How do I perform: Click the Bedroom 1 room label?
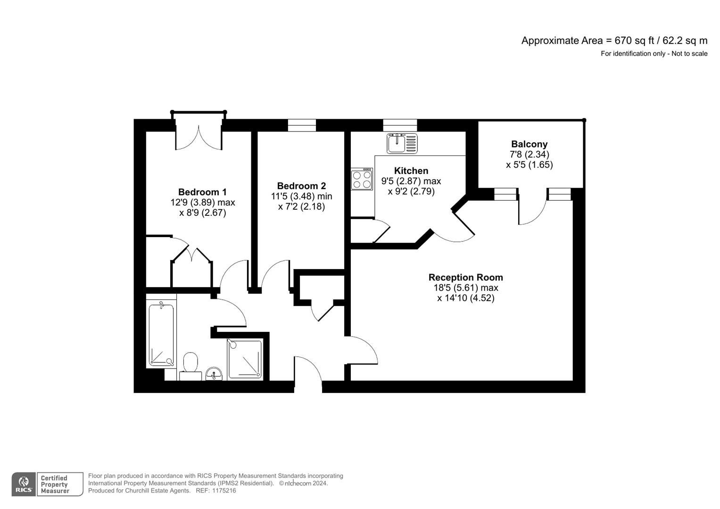click(202, 192)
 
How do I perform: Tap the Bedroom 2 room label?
click(301, 186)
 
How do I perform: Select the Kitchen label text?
click(411, 171)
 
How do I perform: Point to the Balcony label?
click(529, 144)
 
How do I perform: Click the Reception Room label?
click(465, 278)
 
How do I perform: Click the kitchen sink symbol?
click(402, 143)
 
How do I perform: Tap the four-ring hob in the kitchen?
click(362, 179)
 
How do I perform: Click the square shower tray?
click(245, 359)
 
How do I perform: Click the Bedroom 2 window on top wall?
click(302, 125)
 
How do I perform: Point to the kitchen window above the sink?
click(400, 125)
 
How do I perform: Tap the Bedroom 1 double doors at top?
click(199, 134)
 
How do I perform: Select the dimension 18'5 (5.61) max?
click(465, 288)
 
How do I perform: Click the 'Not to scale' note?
click(689, 54)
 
